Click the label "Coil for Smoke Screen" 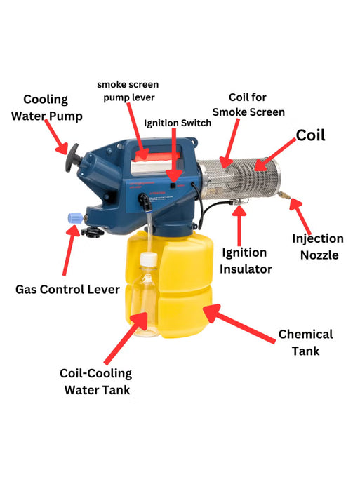[x=248, y=105]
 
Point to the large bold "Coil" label [x=310, y=135]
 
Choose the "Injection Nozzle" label [x=318, y=247]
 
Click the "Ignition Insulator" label [x=244, y=260]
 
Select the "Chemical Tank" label [x=305, y=342]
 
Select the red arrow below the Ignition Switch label [x=174, y=154]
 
